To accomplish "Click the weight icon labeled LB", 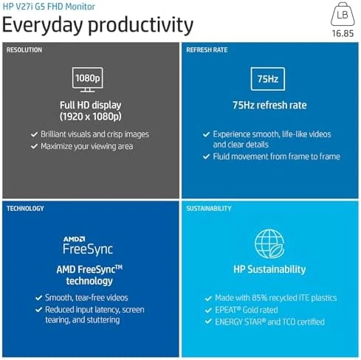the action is pos(343,14).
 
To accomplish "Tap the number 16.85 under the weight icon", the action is pos(343,33).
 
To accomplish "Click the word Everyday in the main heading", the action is pos(43,25).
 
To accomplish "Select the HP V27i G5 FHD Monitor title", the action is pos(49,7).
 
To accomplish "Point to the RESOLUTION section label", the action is pos(24,50).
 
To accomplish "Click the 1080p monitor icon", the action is pos(87,80).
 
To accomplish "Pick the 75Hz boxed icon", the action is pos(268,79).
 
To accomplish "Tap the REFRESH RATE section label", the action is pos(207,50).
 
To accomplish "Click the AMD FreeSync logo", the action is pos(88,246).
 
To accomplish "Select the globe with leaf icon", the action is pos(269,243).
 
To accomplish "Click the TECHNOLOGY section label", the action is pos(25,209).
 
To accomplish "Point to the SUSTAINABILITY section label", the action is pos(209,209).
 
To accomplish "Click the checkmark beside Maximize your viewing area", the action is pos(34,146).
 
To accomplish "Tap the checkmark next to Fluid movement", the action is pos(206,156).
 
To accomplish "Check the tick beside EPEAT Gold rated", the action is pos(208,310).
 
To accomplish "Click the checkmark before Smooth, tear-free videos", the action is pos(38,298).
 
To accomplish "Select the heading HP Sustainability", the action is pos(269,269).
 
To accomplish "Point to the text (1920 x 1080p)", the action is pos(91,117).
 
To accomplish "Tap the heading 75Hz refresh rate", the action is pos(269,105).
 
